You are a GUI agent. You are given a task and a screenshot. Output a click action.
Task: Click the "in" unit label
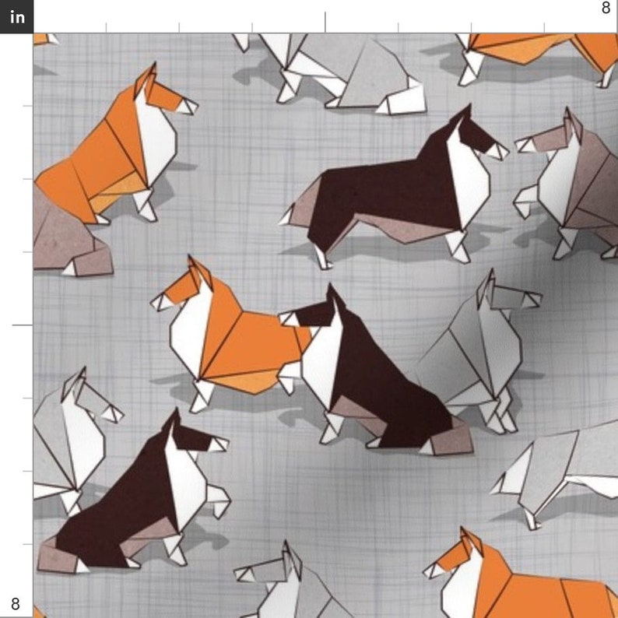click(x=16, y=16)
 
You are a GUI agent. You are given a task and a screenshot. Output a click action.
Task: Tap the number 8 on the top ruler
click(x=606, y=9)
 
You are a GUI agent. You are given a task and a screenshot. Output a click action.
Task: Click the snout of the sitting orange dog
click(x=187, y=105)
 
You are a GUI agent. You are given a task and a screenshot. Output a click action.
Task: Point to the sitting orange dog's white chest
click(x=156, y=140)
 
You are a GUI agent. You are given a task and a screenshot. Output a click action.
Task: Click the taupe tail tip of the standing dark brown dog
click(x=291, y=213)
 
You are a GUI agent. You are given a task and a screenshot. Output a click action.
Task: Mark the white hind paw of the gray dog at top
click(x=405, y=99)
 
